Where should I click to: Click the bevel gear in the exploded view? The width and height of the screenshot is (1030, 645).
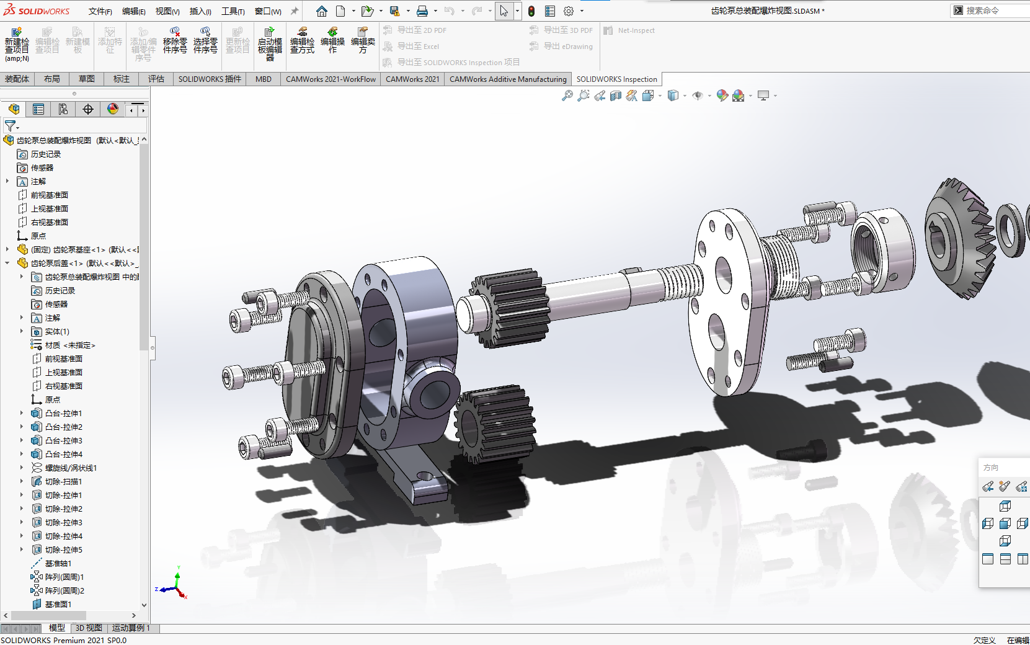pos(960,239)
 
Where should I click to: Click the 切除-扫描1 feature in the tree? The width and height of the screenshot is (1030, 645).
pos(63,481)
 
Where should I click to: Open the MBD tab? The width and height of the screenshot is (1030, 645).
pos(263,79)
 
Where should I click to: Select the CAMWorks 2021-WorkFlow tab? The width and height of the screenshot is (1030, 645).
pos(331,79)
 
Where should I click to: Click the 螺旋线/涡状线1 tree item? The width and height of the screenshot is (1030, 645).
pos(71,468)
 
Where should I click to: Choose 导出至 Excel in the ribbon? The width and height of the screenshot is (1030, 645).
pos(417,47)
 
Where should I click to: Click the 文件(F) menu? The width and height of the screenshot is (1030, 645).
pos(100,11)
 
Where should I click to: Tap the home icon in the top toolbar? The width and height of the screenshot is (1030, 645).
pos(321,11)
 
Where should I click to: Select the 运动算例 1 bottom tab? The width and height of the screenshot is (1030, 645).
pos(131,628)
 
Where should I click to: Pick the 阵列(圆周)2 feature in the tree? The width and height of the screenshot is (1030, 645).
pos(64,590)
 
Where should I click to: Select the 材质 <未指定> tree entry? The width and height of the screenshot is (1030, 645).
pos(69,345)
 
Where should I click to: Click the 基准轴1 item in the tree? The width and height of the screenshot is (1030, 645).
pos(58,563)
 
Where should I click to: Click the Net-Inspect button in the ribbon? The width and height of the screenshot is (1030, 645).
pos(635,30)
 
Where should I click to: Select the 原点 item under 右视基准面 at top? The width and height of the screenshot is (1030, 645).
pos(38,236)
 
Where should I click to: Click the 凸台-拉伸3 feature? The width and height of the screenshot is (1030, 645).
pos(63,440)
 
